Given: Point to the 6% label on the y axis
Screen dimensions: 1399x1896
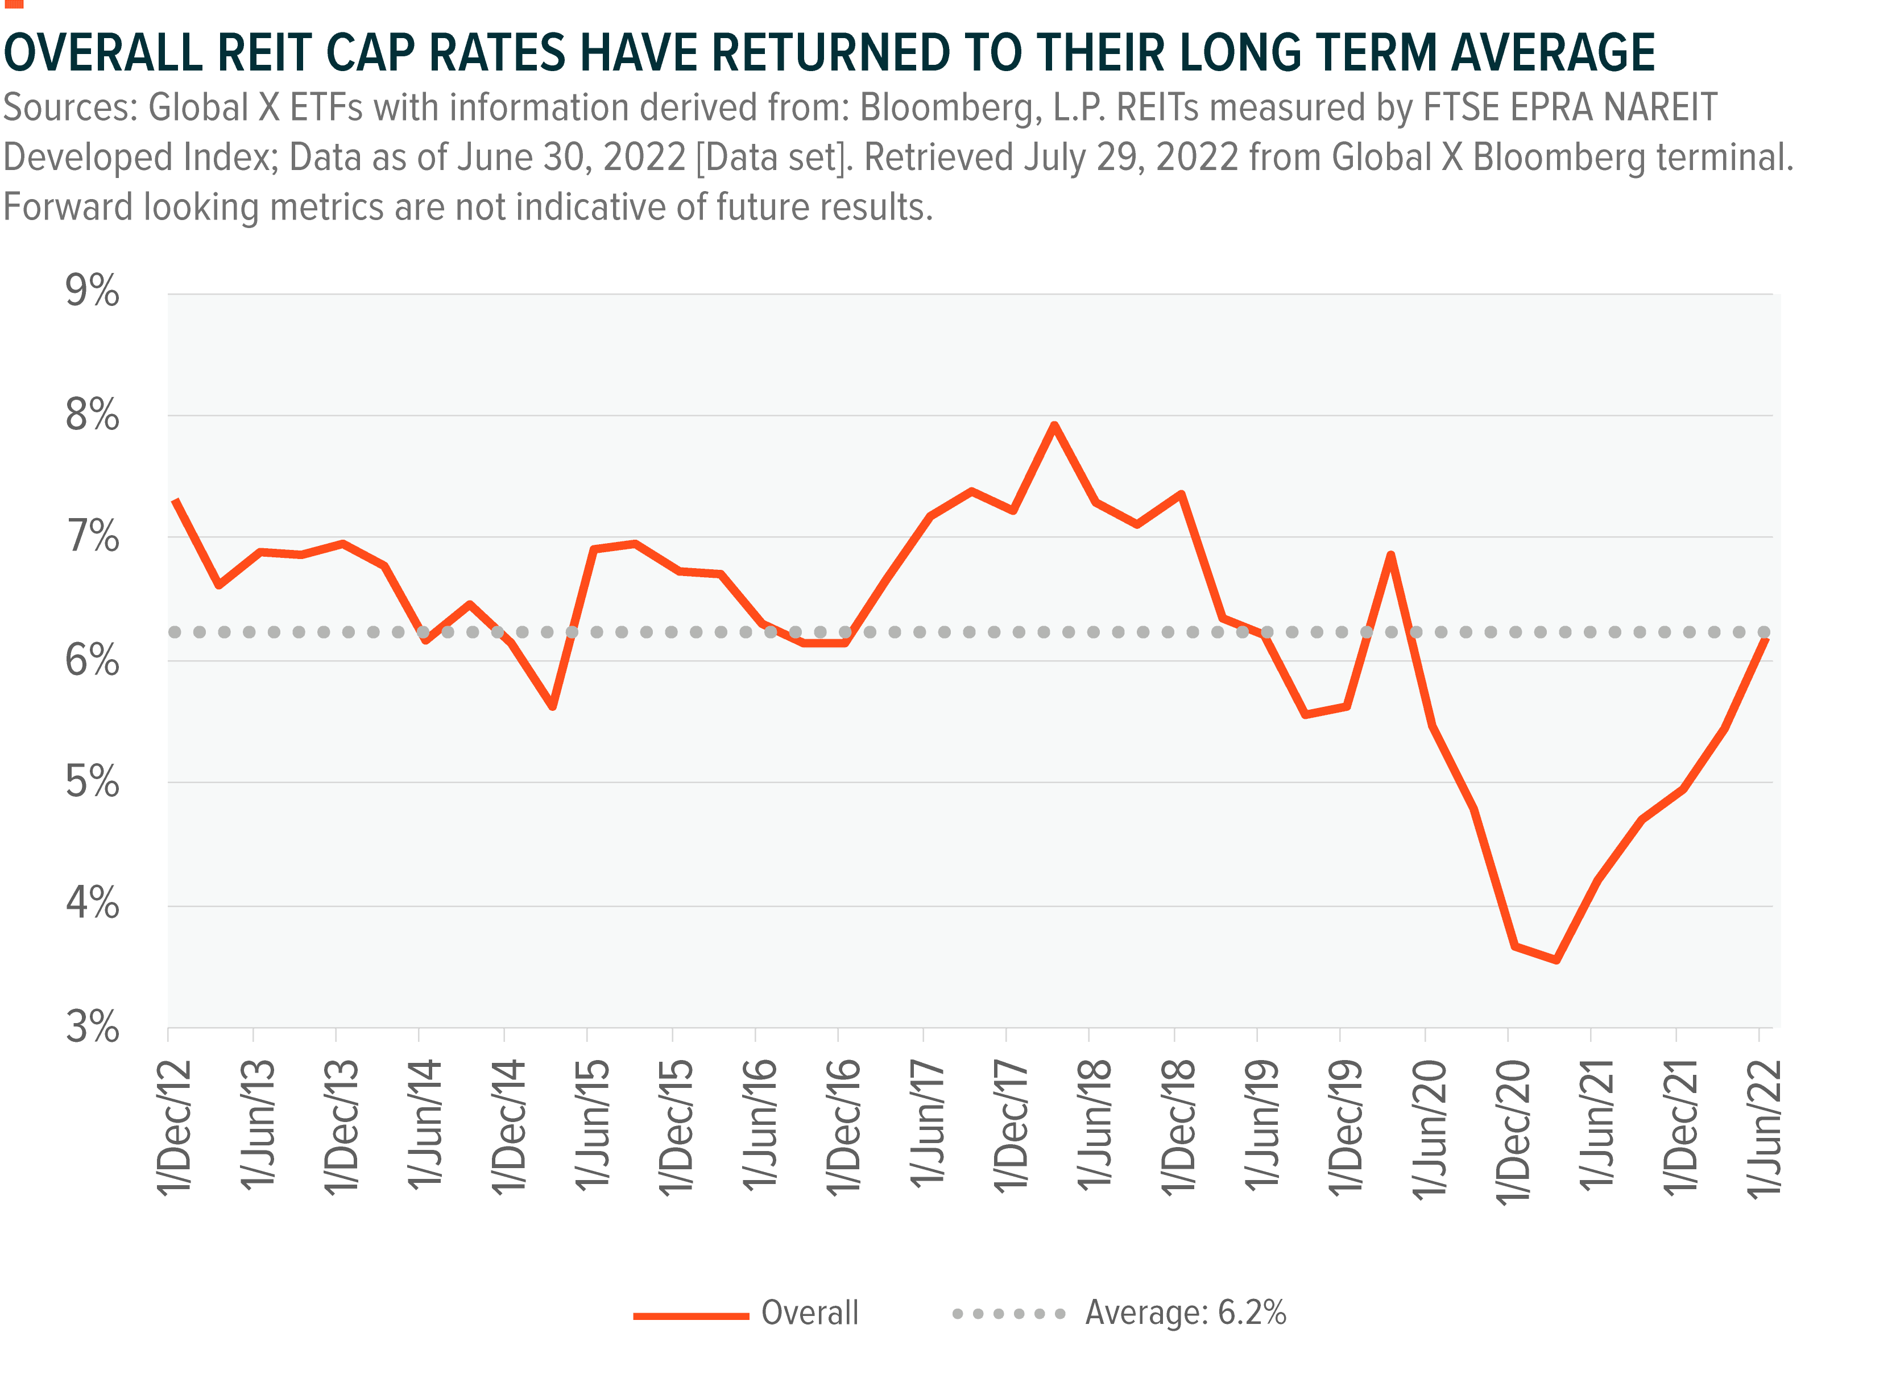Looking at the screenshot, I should pyautogui.click(x=92, y=661).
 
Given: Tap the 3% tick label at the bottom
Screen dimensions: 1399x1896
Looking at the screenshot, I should pyautogui.click(x=92, y=1028).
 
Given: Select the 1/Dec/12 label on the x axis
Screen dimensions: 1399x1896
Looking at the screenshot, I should pyautogui.click(x=175, y=1127).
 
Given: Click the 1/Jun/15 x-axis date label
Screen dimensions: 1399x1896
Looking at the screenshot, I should pyautogui.click(x=594, y=1127).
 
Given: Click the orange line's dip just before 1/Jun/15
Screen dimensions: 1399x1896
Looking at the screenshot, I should pyautogui.click(x=552, y=706).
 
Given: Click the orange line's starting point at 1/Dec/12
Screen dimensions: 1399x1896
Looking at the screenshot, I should pyautogui.click(x=175, y=500).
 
